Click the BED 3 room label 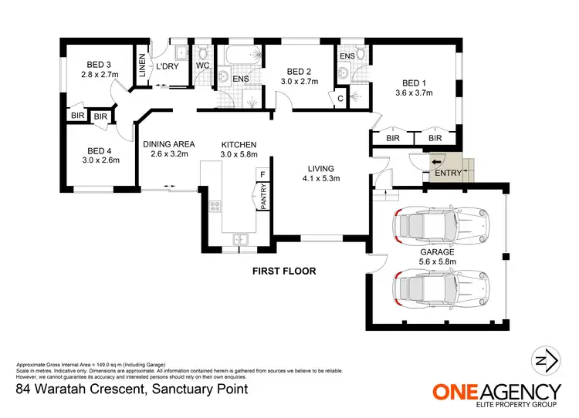97,65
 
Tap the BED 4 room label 97,150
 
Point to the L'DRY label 167,67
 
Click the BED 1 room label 415,83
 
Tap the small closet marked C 340,98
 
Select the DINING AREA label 168,143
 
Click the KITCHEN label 239,144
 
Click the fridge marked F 262,175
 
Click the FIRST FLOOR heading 284,271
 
